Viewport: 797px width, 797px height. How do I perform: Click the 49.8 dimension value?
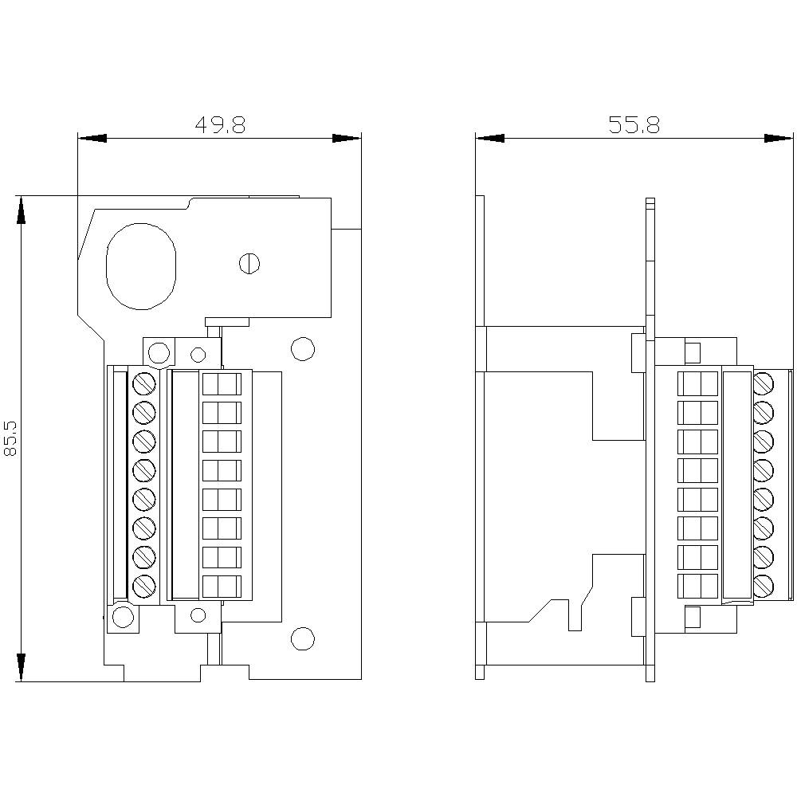(220, 124)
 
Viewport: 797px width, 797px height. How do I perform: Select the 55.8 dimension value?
(634, 124)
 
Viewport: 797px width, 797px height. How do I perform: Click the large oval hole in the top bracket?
(142, 265)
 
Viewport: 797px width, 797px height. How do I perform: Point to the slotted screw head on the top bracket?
(250, 262)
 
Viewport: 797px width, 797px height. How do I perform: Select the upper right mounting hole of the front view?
(302, 348)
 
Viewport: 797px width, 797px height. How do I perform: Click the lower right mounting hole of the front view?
(302, 638)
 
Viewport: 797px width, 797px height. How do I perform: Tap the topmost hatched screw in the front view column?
(143, 383)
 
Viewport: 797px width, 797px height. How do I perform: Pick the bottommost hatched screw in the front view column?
(143, 587)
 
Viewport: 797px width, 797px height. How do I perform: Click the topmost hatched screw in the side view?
(764, 383)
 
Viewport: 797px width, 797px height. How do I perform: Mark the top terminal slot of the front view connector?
(222, 383)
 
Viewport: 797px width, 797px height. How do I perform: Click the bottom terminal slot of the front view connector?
(222, 587)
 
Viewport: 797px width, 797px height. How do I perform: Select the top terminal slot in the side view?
(697, 383)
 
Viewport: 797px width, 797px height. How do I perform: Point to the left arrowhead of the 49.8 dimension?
(92, 138)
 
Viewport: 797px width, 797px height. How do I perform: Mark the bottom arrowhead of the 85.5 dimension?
(21, 666)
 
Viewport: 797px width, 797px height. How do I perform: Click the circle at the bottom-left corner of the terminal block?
(123, 617)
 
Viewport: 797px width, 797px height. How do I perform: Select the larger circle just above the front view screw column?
(159, 351)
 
